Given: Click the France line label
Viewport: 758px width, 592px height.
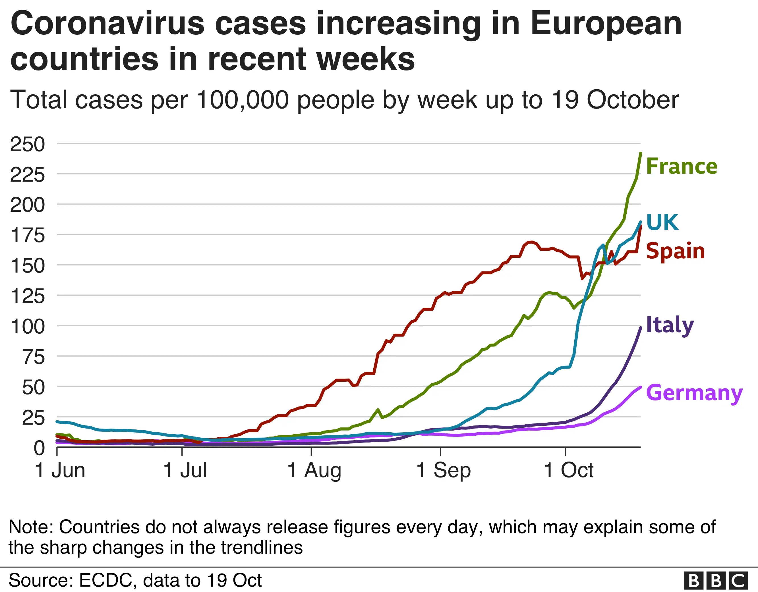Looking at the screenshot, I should [x=681, y=166].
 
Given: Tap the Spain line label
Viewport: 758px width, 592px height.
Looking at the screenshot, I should [x=675, y=251].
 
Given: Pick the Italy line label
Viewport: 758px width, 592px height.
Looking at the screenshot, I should [x=670, y=325].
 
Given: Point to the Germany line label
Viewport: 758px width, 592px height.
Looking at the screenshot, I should [x=694, y=393].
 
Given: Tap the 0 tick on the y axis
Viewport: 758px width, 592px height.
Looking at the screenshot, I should [x=39, y=448].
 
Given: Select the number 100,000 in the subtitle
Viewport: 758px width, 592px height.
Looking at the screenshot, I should [x=242, y=100].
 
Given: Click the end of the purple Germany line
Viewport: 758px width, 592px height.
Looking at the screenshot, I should [x=640, y=387].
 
